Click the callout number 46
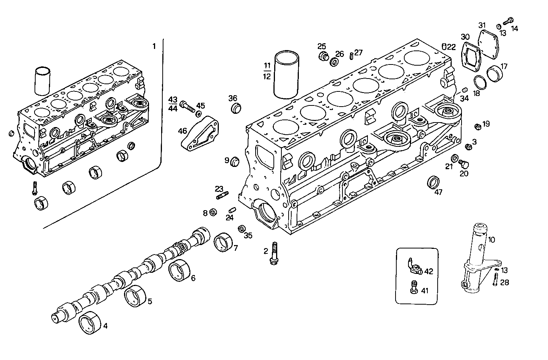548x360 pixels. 182,131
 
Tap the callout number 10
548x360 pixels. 491,240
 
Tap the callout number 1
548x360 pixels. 154,46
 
